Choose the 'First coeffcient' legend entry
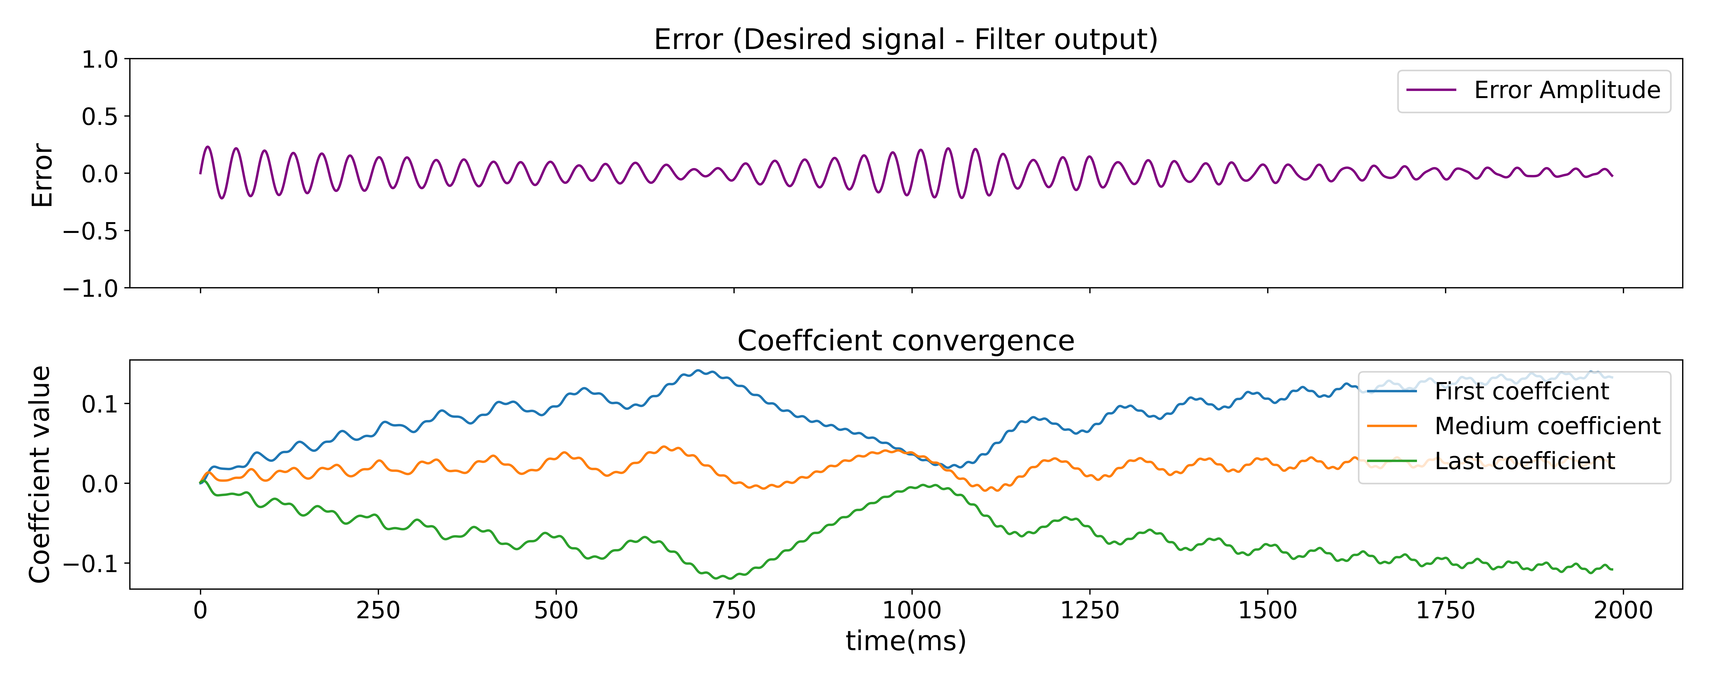[x=1522, y=392]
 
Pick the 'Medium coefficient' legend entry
[x=1547, y=426]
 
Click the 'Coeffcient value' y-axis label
[x=40, y=474]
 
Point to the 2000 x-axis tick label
[x=1623, y=610]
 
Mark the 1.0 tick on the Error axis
[x=100, y=60]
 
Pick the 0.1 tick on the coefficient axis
[x=100, y=404]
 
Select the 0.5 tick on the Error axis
[x=100, y=117]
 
